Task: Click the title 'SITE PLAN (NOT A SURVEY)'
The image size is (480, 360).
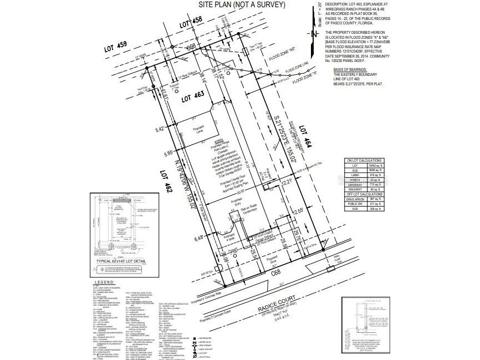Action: [x=242, y=5]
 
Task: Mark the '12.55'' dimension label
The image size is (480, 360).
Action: [x=298, y=211]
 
